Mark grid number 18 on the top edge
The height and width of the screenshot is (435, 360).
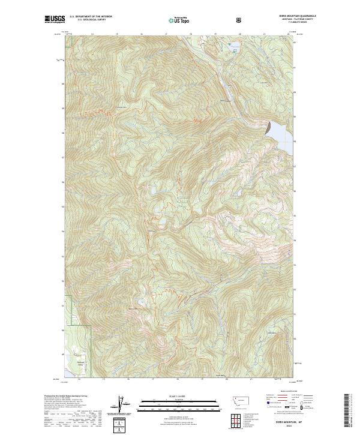point(191,34)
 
